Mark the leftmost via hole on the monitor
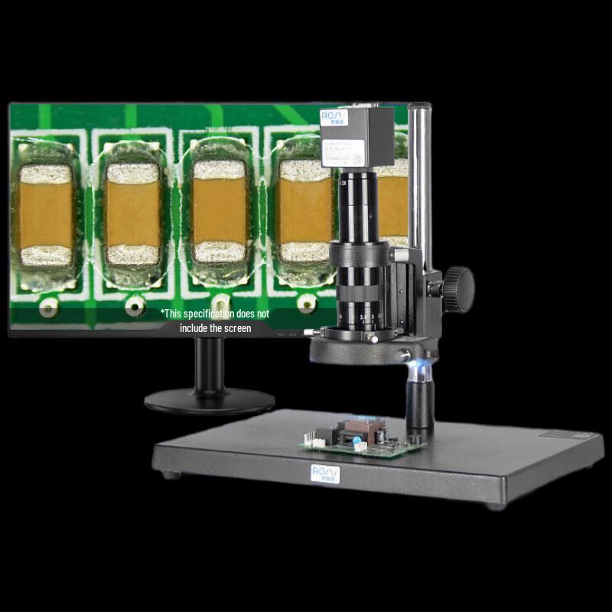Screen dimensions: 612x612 (x=48, y=308)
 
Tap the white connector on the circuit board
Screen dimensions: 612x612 (x=313, y=441)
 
